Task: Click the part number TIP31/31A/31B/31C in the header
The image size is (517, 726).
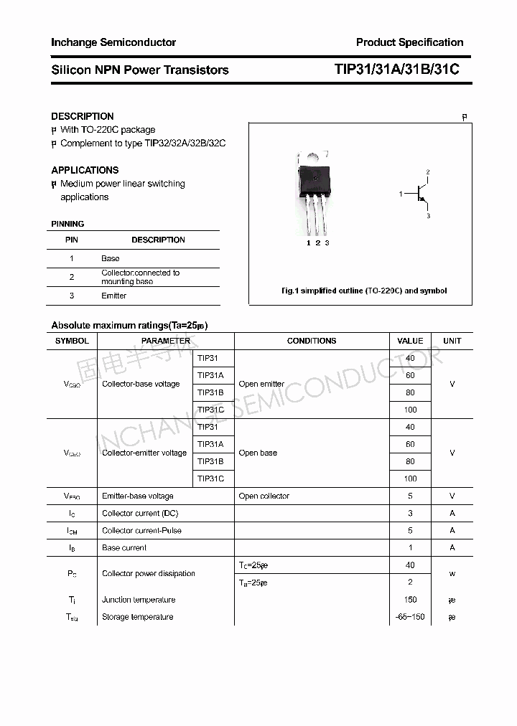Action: tap(396, 70)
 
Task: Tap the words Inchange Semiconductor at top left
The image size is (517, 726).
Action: tap(113, 42)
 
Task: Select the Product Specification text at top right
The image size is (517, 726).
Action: tap(409, 42)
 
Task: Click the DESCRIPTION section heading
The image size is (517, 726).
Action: tap(83, 116)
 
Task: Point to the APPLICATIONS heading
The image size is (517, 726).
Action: tap(85, 170)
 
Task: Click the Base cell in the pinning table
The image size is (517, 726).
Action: tap(111, 258)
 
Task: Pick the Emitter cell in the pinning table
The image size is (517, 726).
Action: tap(114, 296)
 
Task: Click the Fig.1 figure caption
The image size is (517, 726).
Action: tap(363, 291)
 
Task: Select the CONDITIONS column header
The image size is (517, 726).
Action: tap(312, 341)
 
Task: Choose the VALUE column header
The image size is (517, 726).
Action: tap(410, 341)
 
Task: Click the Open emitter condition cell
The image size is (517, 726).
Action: tap(261, 384)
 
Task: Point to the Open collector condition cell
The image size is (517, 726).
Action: tap(264, 496)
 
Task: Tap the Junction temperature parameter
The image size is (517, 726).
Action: tap(139, 600)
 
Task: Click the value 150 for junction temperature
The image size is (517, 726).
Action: tap(410, 600)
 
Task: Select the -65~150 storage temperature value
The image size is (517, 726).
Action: tap(410, 617)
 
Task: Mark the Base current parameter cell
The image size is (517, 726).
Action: tap(124, 547)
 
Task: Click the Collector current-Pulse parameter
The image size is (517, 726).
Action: tap(141, 530)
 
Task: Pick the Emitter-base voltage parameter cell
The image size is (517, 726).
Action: tap(138, 496)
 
